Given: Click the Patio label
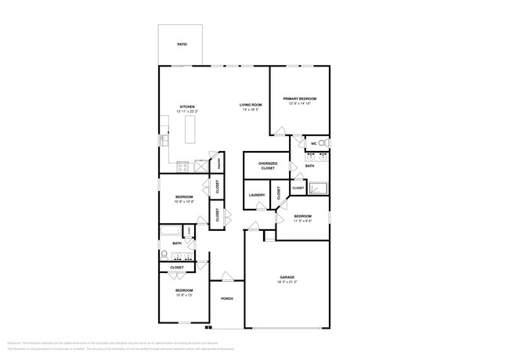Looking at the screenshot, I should pyautogui.click(x=181, y=45).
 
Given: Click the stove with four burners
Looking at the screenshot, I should pyautogui.click(x=182, y=166).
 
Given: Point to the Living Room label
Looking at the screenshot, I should pyautogui.click(x=251, y=104).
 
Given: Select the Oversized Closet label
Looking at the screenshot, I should pyautogui.click(x=268, y=165).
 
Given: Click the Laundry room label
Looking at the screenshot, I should pyautogui.click(x=257, y=195).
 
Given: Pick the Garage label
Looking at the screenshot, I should pyautogui.click(x=287, y=277).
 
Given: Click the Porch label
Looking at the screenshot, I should pyautogui.click(x=227, y=299).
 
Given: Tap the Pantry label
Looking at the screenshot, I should pyautogui.click(x=218, y=163).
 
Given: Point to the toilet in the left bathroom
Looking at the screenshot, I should pyautogui.click(x=164, y=255).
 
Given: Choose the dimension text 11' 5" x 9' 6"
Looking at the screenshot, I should pyautogui.click(x=302, y=221).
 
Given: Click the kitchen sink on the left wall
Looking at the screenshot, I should pyautogui.click(x=164, y=139).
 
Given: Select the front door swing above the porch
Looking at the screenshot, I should pyautogui.click(x=226, y=276).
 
